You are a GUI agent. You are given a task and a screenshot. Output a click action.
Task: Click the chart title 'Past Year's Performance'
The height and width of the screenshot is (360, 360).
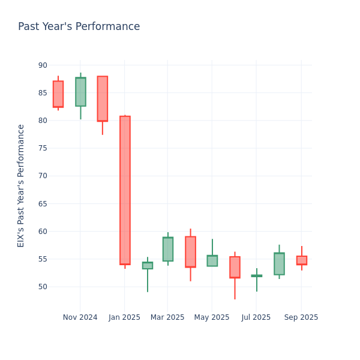point(79,27)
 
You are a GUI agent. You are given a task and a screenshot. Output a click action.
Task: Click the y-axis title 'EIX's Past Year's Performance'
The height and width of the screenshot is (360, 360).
point(22,185)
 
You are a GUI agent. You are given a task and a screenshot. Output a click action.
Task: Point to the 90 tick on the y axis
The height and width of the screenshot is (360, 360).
point(43,65)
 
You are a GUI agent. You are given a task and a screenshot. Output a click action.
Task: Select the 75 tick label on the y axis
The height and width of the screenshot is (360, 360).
point(43,148)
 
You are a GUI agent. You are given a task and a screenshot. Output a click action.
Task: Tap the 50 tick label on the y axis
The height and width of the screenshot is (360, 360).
point(43,287)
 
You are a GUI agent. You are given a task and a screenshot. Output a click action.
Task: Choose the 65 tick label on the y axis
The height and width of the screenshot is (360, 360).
point(43,204)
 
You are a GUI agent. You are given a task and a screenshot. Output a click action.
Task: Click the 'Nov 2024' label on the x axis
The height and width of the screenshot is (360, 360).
point(80,317)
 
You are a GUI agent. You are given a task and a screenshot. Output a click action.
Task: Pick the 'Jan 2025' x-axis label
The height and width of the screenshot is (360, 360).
point(124,317)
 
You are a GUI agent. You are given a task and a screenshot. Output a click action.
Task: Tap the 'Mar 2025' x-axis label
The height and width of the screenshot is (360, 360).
point(167,317)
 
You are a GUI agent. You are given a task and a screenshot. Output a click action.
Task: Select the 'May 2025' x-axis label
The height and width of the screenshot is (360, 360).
point(212,317)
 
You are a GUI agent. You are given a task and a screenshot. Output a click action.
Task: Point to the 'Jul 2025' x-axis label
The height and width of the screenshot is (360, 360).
point(256,317)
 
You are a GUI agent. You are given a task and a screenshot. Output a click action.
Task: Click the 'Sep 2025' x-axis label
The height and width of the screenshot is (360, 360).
point(301,317)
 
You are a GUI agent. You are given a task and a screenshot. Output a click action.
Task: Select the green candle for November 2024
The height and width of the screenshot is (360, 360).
point(80,92)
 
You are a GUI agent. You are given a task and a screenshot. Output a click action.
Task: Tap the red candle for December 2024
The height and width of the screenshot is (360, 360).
point(103,98)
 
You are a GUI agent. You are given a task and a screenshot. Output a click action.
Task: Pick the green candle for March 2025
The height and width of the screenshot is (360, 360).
point(168,249)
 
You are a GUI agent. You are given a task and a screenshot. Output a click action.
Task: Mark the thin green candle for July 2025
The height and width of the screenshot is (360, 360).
point(257,276)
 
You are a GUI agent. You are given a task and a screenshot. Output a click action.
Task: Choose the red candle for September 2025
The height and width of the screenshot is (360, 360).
point(302,260)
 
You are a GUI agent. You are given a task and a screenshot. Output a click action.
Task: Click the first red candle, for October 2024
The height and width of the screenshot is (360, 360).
point(58,94)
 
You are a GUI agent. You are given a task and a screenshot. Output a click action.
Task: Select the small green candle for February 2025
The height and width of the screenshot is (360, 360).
point(148,265)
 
